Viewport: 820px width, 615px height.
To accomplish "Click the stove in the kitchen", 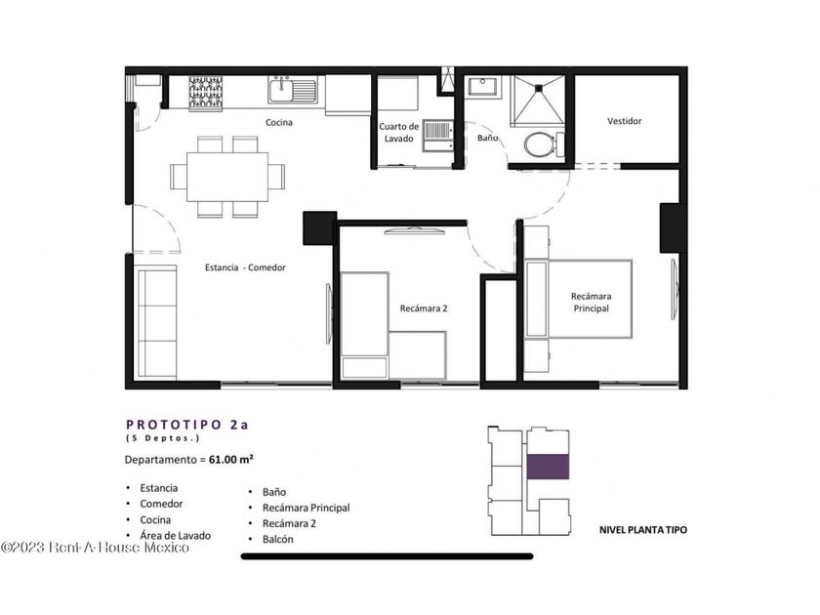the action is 206,93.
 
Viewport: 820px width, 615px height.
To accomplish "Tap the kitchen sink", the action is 292,90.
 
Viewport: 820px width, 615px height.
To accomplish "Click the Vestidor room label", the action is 625,121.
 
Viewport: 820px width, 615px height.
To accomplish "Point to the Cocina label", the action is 279,122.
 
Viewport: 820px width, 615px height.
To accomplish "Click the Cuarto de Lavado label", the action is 398,133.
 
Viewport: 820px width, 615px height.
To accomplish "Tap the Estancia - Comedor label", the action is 245,267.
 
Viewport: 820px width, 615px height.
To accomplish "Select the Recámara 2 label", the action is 424,308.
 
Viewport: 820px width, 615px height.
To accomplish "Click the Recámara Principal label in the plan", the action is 591,303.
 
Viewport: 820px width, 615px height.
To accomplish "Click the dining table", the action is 227,177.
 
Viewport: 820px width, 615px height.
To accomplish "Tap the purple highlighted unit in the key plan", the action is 548,467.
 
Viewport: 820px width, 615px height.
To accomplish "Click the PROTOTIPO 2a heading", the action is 187,425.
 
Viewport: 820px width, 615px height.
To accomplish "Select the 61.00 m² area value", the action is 231,459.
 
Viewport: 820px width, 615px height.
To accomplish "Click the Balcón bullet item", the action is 277,539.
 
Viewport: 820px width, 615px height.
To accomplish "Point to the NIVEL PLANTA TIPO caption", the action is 643,530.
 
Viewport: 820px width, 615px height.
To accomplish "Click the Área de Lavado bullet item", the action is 175,536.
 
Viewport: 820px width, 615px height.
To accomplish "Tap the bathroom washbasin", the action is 484,87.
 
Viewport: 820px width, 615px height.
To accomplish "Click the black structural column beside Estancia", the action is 319,228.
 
